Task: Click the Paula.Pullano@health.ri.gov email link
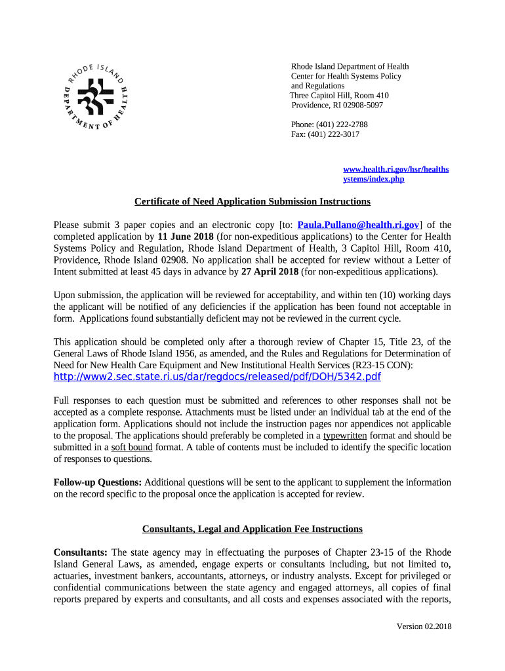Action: tap(358, 225)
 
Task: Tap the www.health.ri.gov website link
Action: tap(395, 174)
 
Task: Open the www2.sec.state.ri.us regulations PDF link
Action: tap(216, 377)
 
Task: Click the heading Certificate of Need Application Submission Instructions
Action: tap(253, 201)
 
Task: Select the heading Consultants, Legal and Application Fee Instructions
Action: tap(253, 529)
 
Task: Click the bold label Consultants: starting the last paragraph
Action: tap(81, 552)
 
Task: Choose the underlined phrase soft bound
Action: tap(131, 447)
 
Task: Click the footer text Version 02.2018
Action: tap(424, 626)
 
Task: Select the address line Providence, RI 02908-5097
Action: tap(337, 105)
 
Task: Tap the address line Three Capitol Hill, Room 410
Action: tap(339, 96)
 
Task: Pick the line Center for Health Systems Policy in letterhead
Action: tap(346, 76)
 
